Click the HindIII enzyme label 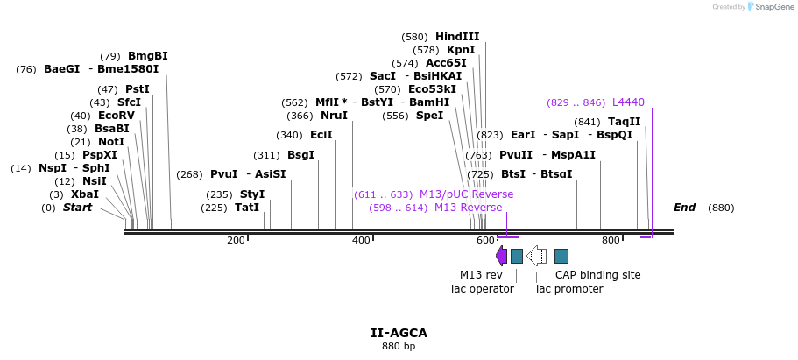457,37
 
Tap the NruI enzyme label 334,116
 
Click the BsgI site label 300,155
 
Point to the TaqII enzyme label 624,122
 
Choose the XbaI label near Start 85,194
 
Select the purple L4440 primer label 628,102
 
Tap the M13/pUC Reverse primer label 466,194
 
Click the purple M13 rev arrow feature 501,256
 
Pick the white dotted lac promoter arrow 536,256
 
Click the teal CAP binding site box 561,256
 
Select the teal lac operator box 517,256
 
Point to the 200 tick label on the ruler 236,240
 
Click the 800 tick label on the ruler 610,240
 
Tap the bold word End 684,208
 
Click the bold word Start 77,208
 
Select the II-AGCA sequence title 399,333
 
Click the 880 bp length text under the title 399,347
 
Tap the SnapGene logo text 768,7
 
